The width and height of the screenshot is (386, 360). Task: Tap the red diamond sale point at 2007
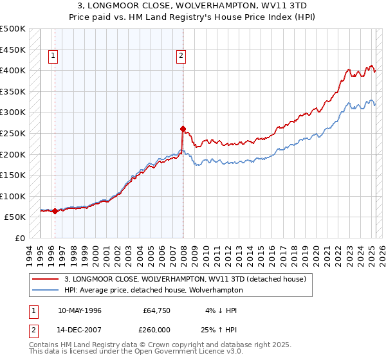[183, 129]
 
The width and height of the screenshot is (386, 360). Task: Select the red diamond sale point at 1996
[55, 211]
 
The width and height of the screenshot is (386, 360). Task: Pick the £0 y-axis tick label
[20, 238]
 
